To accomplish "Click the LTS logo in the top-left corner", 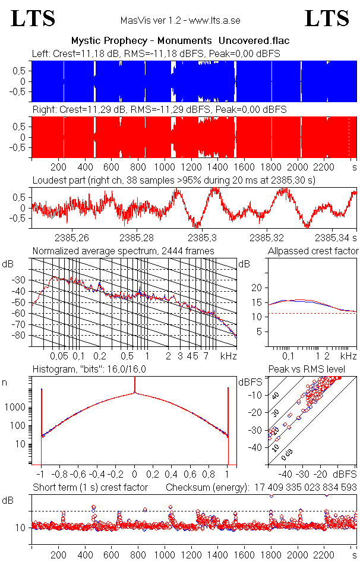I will pos(33,18).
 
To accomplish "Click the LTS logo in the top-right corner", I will pos(327,18).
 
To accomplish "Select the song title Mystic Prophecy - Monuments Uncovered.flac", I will pos(180,40).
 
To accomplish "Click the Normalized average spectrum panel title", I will pos(123,251).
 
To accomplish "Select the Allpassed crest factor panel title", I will pos(313,251).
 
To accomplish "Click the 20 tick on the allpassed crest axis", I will pos(257,288).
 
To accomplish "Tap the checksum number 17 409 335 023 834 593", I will pos(303,488).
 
